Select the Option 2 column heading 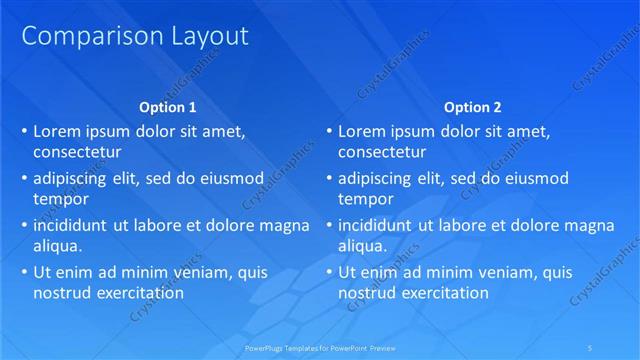[473, 107]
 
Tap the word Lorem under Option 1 [57, 131]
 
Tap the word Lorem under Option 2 [362, 131]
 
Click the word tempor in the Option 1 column [58, 199]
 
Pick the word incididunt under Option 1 [72, 225]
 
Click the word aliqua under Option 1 [56, 245]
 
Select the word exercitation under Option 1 [135, 293]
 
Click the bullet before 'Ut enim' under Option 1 [24, 272]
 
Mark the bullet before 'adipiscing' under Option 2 [329, 178]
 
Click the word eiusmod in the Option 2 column [533, 178]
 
